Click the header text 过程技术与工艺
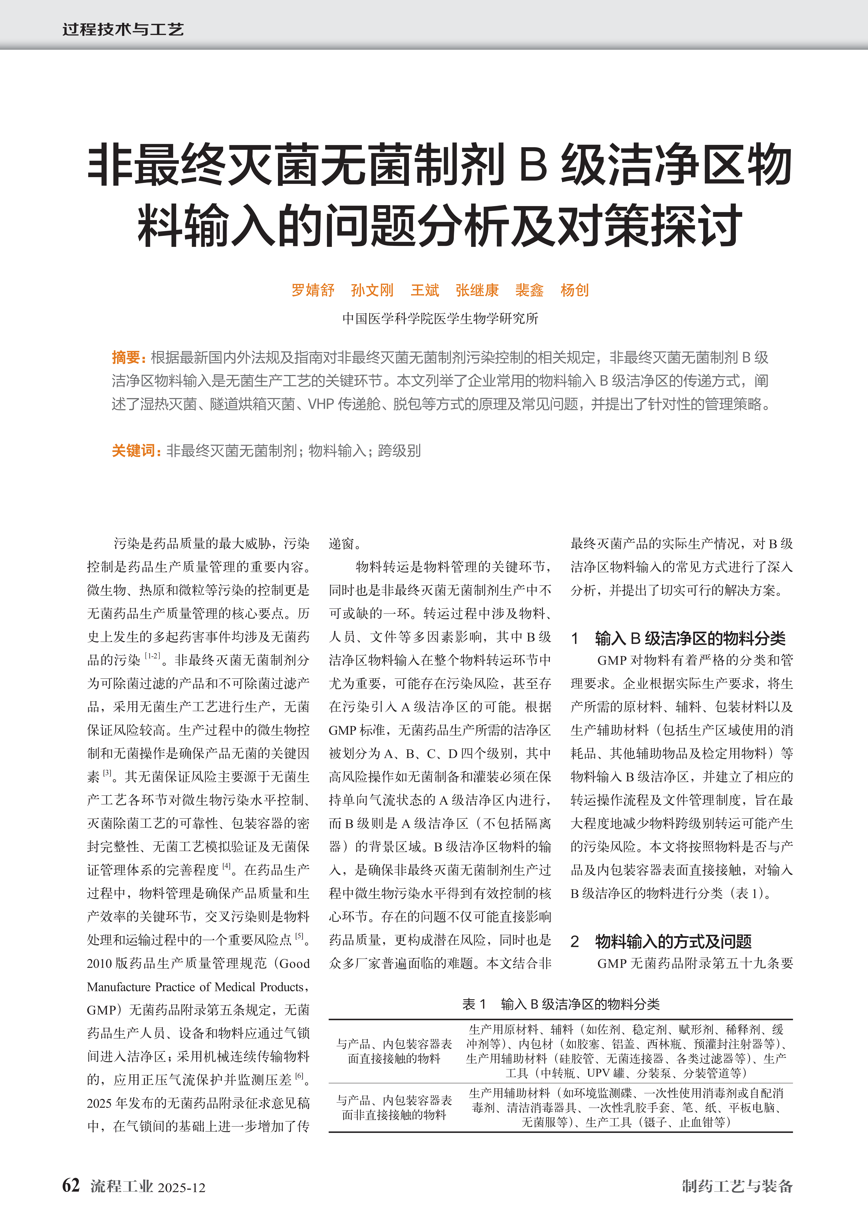[x=123, y=29]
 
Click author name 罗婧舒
[x=313, y=290]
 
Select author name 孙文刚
[x=372, y=290]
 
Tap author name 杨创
[x=574, y=290]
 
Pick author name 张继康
[x=477, y=290]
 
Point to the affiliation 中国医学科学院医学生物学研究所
[x=440, y=318]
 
